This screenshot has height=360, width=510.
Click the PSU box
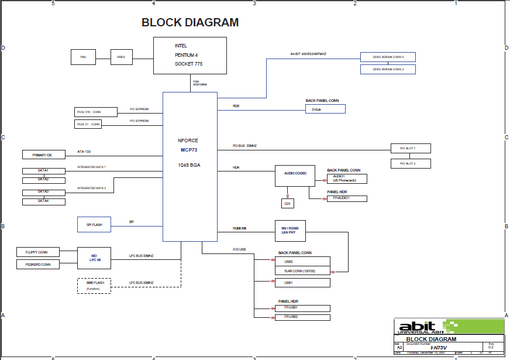(83, 57)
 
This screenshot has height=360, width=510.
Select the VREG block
(122, 57)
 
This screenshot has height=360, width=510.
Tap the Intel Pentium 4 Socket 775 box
(190, 56)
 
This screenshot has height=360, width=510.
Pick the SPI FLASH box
(94, 224)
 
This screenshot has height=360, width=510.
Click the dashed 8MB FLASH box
(94, 285)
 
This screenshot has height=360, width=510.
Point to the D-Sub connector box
(325, 109)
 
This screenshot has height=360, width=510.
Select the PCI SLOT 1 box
(411, 148)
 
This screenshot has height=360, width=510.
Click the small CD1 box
(287, 203)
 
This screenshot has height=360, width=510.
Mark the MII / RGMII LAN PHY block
(291, 231)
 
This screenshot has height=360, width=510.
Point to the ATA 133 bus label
(84, 152)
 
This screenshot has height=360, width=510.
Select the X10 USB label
(239, 249)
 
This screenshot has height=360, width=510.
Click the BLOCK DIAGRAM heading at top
(190, 23)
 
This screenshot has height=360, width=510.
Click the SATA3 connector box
(44, 192)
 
